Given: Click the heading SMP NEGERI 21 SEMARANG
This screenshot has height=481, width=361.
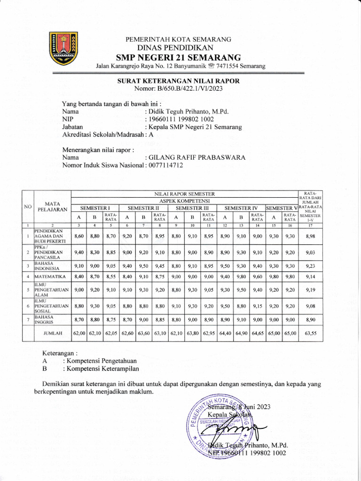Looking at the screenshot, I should (179, 57).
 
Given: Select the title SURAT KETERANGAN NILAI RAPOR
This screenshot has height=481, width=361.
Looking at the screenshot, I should (179, 81).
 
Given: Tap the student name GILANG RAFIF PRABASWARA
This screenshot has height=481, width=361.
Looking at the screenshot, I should (197, 158).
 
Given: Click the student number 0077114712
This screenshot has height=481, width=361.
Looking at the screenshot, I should (165, 165).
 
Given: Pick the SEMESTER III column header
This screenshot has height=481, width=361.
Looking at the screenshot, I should (192, 207).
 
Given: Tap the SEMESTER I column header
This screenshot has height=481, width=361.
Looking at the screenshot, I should (95, 207).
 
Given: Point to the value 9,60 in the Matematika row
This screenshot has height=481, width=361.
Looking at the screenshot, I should (257, 277).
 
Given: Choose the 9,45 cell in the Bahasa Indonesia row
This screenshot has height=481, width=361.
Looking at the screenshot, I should (160, 265).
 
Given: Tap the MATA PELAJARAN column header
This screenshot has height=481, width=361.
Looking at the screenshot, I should (51, 206).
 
